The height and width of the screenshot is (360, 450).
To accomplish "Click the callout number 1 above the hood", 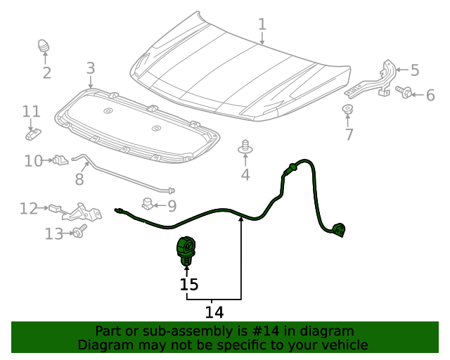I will click(262, 25).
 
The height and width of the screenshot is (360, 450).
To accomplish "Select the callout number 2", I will click(46, 73).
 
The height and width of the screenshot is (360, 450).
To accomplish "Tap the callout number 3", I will click(90, 68).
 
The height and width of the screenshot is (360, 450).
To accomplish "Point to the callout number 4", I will click(245, 174).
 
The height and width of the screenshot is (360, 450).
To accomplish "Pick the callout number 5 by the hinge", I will click(415, 70).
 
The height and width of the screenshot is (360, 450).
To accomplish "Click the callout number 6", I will click(430, 95).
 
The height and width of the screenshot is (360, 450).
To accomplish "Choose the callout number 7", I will click(349, 134).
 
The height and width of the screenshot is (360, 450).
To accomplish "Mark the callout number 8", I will click(79, 179).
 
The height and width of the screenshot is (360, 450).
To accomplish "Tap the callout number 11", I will click(31, 112).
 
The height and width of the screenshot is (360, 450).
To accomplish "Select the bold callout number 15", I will click(188, 285).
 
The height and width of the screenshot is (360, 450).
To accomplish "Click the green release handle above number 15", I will click(186, 249).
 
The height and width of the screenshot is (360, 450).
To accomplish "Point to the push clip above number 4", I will click(245, 147).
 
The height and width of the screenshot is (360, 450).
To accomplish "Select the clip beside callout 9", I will click(148, 205).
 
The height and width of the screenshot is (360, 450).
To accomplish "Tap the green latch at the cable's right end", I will click(340, 229).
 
